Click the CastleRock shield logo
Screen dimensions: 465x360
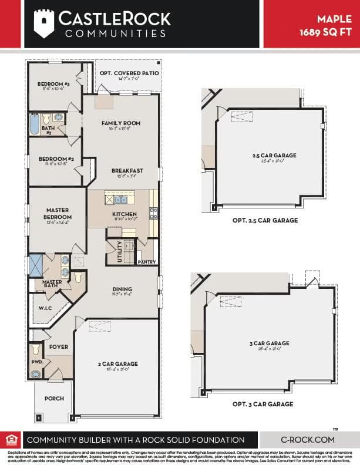(x=44, y=23)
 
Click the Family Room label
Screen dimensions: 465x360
(x=121, y=123)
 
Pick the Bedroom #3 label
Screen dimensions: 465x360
(x=54, y=85)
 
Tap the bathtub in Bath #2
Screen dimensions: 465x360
(x=33, y=125)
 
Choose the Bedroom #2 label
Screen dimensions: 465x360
(x=56, y=159)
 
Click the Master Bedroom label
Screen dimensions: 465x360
(x=58, y=213)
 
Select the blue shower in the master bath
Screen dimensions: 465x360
(x=36, y=266)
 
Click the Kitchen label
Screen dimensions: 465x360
(x=125, y=214)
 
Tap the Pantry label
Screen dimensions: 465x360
(x=146, y=262)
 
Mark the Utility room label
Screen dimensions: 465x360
(x=120, y=251)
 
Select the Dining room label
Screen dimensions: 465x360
(x=122, y=289)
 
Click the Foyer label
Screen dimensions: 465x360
(x=59, y=346)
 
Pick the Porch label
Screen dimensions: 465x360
(x=54, y=399)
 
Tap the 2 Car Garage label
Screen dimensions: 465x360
(x=117, y=364)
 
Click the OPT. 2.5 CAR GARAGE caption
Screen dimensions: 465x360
(x=265, y=221)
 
